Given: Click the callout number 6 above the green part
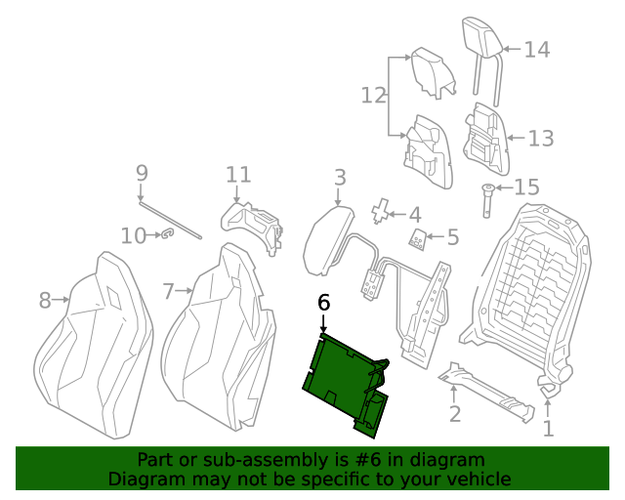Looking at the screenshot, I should [324, 303].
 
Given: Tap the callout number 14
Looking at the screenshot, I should [536, 50].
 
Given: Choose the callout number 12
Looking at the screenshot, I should [373, 96].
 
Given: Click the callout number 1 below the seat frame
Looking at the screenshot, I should [548, 427].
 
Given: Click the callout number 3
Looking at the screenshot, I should [339, 178].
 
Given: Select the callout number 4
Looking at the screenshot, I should [415, 214].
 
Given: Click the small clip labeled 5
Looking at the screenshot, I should [417, 240].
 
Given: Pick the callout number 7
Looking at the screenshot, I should [169, 291].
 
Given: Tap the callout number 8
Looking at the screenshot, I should [44, 301].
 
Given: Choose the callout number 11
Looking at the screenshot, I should [237, 176].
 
